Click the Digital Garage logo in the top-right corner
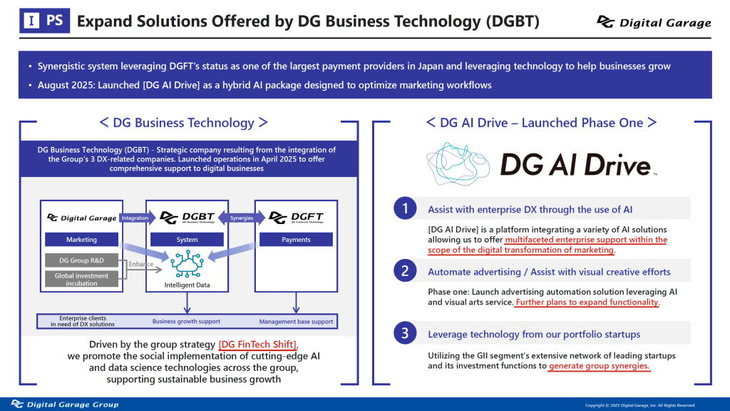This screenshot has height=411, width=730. [x=654, y=22]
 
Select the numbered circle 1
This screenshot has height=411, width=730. [x=405, y=208]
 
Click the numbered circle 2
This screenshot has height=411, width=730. [x=405, y=270]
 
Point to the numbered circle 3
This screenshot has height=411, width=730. [x=405, y=333]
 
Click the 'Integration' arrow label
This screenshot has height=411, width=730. [x=135, y=217]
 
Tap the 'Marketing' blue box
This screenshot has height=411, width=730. [x=81, y=240]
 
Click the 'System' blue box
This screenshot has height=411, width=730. [x=187, y=240]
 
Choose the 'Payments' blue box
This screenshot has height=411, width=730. [x=296, y=240]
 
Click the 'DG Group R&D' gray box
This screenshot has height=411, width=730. [x=81, y=260]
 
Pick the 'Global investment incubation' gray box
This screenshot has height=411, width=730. [x=81, y=279]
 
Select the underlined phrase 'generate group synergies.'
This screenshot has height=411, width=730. [x=600, y=366]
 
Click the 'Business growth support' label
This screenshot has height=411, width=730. [x=186, y=322]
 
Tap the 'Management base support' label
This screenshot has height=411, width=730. [x=296, y=322]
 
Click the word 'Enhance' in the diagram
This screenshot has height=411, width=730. [x=141, y=265]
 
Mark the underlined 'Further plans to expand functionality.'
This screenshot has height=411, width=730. [x=587, y=303]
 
